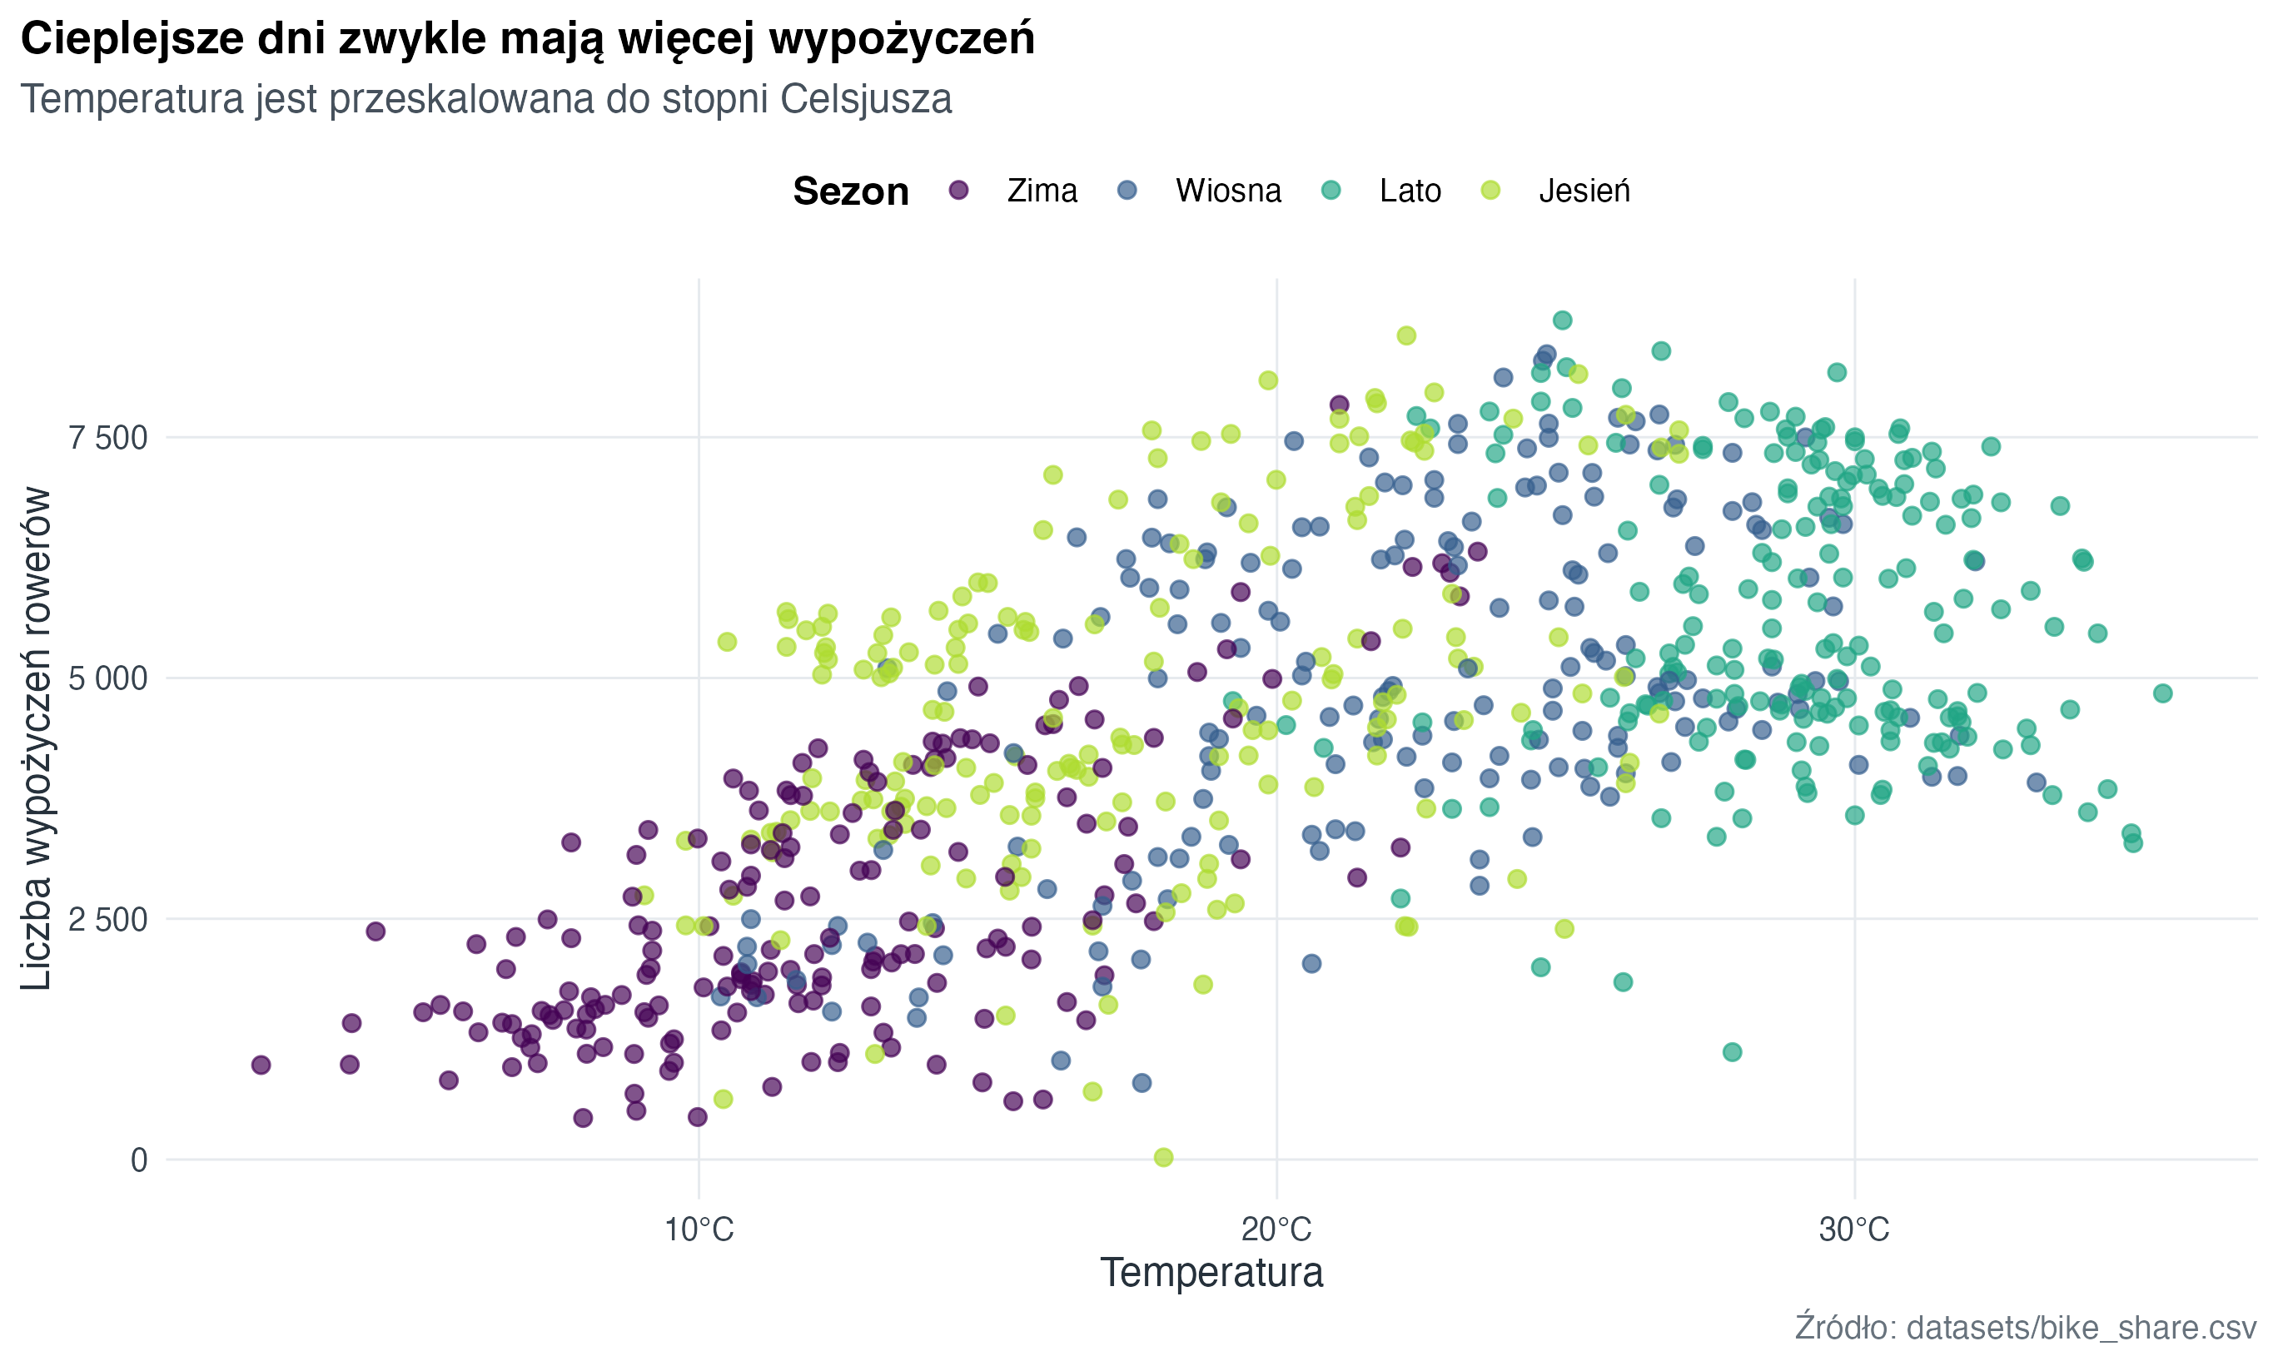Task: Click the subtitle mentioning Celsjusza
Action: (486, 99)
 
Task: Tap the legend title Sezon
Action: (850, 191)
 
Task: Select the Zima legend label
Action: (1041, 191)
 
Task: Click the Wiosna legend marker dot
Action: (1127, 191)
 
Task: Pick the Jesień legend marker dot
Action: (1490, 191)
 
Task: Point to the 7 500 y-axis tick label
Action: (107, 438)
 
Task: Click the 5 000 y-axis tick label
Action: (107, 679)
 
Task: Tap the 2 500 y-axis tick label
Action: (107, 920)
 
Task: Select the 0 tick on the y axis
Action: (139, 1160)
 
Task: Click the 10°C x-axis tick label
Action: (699, 1229)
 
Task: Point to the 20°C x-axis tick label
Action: (1276, 1229)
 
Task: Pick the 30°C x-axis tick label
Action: (1853, 1229)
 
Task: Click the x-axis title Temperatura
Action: (1211, 1273)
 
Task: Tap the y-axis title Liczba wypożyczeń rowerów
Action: (37, 739)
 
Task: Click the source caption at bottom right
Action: (2025, 1328)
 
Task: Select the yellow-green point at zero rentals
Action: (1163, 1157)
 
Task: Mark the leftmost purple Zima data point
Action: (261, 1065)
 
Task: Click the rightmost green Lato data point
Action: (2163, 693)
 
